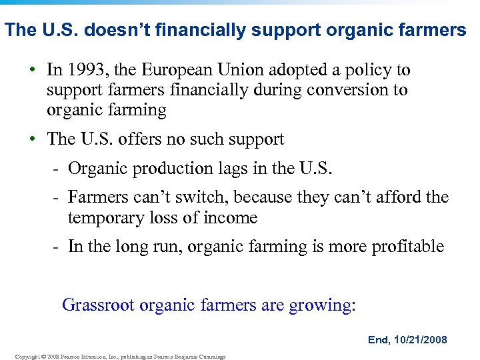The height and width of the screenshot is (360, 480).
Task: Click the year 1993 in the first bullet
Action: click(x=85, y=70)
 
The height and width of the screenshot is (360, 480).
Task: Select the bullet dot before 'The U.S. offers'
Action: click(x=34, y=140)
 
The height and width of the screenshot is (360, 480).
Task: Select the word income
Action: click(x=231, y=218)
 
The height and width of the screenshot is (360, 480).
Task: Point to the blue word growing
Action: click(x=322, y=306)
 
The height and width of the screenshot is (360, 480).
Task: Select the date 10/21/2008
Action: click(x=422, y=340)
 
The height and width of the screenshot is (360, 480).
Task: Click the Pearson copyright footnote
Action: click(x=120, y=357)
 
